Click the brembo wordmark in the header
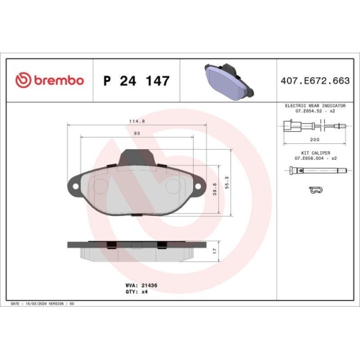[57, 80]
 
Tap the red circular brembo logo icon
[22, 80]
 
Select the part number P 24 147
[136, 81]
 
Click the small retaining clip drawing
[314, 190]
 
